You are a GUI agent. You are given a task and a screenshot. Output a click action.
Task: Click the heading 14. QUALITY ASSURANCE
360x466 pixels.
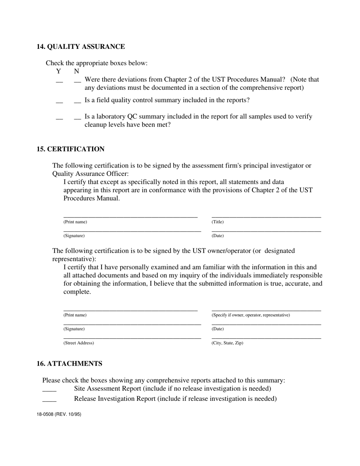(x=81, y=47)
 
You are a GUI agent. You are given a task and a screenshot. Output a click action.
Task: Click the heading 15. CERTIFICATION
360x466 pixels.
(x=70, y=149)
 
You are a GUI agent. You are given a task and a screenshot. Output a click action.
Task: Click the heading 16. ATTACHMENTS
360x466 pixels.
(x=69, y=364)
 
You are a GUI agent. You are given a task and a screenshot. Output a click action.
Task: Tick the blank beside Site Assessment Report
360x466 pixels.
(x=49, y=390)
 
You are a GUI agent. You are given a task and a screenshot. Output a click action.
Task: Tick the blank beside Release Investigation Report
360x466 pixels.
(x=49, y=400)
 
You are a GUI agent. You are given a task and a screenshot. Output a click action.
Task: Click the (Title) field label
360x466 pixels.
(x=218, y=222)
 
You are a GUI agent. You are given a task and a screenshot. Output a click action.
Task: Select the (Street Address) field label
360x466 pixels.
(x=78, y=343)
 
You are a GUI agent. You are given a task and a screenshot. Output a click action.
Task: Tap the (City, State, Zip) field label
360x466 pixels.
(x=227, y=343)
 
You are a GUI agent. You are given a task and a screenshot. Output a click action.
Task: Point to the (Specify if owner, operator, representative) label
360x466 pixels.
(x=250, y=315)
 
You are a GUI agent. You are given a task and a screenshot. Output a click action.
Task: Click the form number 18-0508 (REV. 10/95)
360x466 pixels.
(x=59, y=414)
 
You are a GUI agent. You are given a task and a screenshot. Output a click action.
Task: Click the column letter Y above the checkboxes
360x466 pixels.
(x=58, y=71)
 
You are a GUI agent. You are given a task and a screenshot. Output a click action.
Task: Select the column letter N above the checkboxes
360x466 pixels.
(x=77, y=71)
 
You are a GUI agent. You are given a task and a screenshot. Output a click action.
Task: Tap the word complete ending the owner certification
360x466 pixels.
(x=77, y=292)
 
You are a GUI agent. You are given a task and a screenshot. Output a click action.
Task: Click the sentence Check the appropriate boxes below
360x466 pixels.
(x=97, y=63)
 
